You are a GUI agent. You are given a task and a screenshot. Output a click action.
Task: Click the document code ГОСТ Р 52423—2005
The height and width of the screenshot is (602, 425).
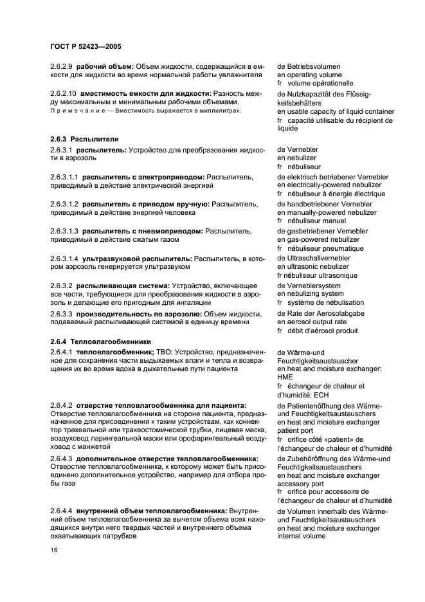pos(86,47)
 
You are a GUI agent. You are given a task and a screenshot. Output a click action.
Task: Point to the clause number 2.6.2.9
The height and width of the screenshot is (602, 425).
pos(62,66)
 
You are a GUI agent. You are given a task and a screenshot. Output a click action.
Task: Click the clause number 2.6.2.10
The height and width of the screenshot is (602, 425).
pos(64,93)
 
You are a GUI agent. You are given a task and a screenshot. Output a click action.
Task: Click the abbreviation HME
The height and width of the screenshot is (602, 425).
pos(284,378)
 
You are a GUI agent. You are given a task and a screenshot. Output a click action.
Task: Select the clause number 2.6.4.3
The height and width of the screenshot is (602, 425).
pos(61,459)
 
